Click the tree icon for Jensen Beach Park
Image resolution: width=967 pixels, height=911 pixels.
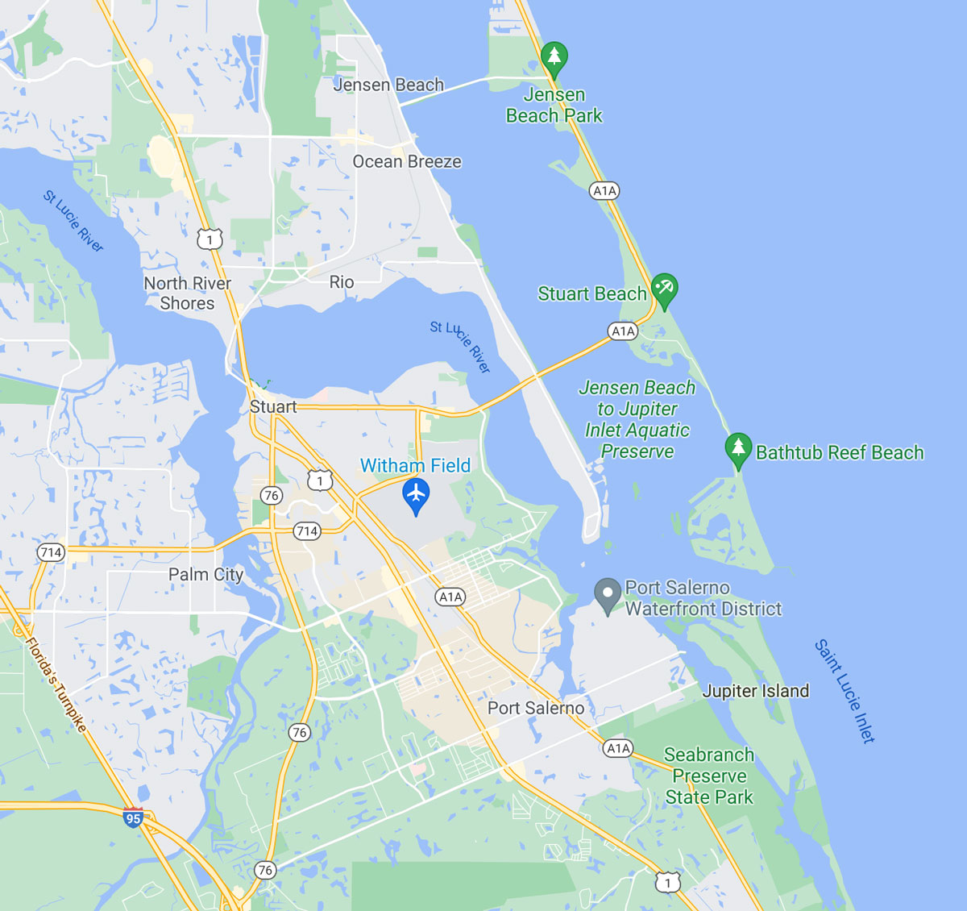tap(554, 56)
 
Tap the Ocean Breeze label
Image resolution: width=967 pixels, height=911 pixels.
tap(407, 161)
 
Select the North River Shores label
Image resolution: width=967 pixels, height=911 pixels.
tap(187, 293)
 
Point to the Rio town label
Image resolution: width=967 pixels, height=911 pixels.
tap(342, 282)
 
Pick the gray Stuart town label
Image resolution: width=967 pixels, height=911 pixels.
tap(273, 407)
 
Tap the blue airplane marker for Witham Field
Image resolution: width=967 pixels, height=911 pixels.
tap(416, 493)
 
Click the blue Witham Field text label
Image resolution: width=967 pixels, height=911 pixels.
tap(415, 465)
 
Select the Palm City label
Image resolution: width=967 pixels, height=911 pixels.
tap(205, 574)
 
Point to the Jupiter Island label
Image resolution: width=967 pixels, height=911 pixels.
tap(755, 691)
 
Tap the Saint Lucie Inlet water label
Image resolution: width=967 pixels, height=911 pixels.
tap(844, 691)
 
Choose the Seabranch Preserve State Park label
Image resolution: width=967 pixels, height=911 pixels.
tap(709, 776)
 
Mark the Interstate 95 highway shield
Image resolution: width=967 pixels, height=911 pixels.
tap(133, 818)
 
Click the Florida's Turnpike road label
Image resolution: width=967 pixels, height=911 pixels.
tap(56, 684)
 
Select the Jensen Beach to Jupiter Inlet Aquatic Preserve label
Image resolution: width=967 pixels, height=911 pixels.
tap(637, 419)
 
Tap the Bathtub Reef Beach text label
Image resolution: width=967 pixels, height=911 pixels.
tap(840, 452)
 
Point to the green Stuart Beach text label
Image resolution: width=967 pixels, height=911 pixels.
tap(592, 293)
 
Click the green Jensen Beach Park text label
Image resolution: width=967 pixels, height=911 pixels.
tap(554, 105)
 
